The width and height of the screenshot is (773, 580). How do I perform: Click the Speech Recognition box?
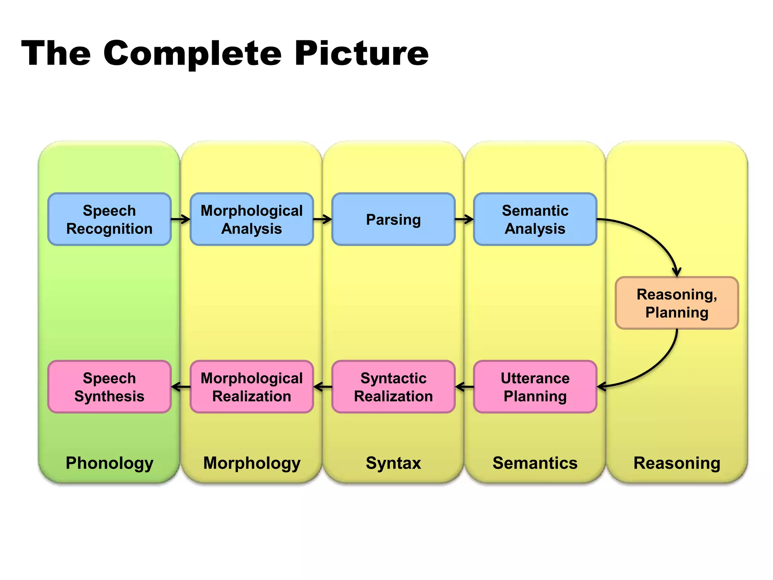coord(109,219)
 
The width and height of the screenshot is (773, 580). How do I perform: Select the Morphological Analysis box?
coord(251,219)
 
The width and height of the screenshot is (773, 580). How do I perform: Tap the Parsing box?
coord(393,219)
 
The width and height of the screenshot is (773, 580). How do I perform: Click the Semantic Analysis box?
coord(535,219)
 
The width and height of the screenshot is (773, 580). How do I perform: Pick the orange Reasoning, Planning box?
coord(677,303)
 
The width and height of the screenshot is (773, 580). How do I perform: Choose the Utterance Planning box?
coord(535,387)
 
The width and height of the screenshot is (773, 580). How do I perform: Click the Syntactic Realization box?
coord(393,387)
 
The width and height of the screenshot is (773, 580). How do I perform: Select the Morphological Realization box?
coord(251,387)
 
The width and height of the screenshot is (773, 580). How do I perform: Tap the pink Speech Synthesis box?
coord(109,387)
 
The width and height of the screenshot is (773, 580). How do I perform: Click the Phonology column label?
coord(109,463)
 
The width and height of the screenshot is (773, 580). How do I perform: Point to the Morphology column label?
coord(251,463)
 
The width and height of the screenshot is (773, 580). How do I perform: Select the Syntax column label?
coord(393,463)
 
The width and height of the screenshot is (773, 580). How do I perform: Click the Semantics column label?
coord(535,463)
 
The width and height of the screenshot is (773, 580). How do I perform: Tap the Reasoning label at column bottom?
coord(677,463)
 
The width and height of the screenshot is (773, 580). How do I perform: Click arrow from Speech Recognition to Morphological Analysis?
coord(181,219)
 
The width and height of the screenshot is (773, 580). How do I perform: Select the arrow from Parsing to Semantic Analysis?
coord(464,219)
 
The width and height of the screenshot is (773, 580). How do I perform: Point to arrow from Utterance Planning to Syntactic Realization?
coord(465,387)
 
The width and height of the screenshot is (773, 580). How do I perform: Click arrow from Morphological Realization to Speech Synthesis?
coord(181,387)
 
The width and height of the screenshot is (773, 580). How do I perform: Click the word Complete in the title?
coord(192,54)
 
